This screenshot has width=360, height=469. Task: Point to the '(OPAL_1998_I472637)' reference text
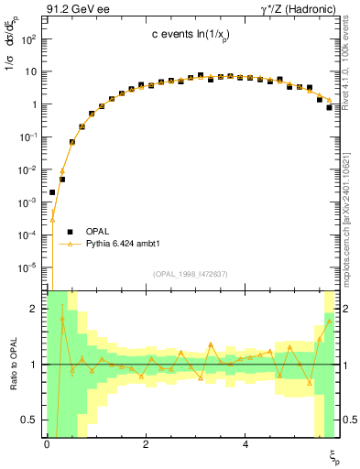coord(191,274)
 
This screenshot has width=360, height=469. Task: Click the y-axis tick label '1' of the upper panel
coord(35,104)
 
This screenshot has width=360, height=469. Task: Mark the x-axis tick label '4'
coord(245,444)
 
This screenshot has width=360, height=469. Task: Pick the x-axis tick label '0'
coord(47,444)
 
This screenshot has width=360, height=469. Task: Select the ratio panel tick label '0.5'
coord(31,420)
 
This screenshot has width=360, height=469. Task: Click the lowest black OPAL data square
coord(52,192)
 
